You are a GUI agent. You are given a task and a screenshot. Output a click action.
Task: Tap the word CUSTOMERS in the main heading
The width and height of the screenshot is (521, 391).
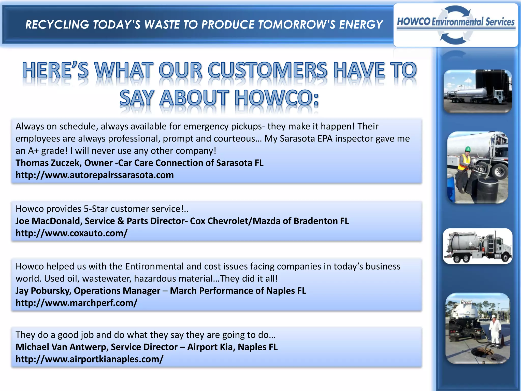pyautogui.click(x=267, y=70)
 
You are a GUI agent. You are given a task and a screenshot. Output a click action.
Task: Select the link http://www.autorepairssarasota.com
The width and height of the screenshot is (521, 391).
pyautogui.click(x=95, y=175)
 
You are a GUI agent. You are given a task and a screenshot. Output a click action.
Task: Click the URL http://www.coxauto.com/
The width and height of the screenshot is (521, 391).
pyautogui.click(x=71, y=233)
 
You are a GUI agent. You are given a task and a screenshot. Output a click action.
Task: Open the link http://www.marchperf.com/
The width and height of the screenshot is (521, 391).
pyautogui.click(x=76, y=303)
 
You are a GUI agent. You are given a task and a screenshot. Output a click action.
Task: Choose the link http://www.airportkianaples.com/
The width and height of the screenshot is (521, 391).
pyautogui.click(x=89, y=359)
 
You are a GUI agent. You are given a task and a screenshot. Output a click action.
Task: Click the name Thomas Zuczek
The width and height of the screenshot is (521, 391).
pyautogui.click(x=48, y=163)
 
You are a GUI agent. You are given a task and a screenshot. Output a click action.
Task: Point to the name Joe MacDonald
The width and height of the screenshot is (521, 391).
pyautogui.click(x=48, y=221)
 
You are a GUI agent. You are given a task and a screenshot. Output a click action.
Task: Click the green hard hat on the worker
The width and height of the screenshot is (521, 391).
pyautogui.click(x=468, y=149)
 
